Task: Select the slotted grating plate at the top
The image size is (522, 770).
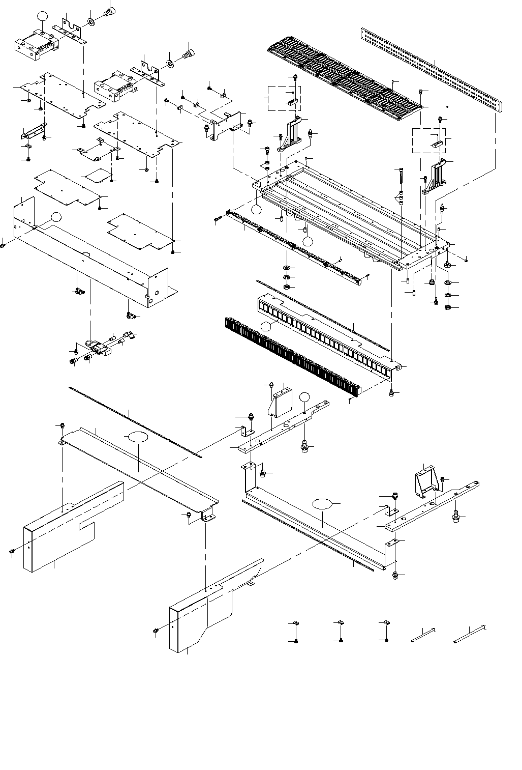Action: click(346, 76)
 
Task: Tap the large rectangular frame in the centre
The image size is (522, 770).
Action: click(351, 214)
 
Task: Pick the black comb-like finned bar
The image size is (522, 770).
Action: click(290, 356)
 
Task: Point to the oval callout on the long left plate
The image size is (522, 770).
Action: click(137, 437)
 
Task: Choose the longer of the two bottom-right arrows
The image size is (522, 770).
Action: click(470, 632)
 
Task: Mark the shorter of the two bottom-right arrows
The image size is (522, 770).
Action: click(423, 635)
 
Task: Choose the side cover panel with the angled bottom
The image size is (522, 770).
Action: click(213, 611)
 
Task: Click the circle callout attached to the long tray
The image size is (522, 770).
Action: click(56, 216)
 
